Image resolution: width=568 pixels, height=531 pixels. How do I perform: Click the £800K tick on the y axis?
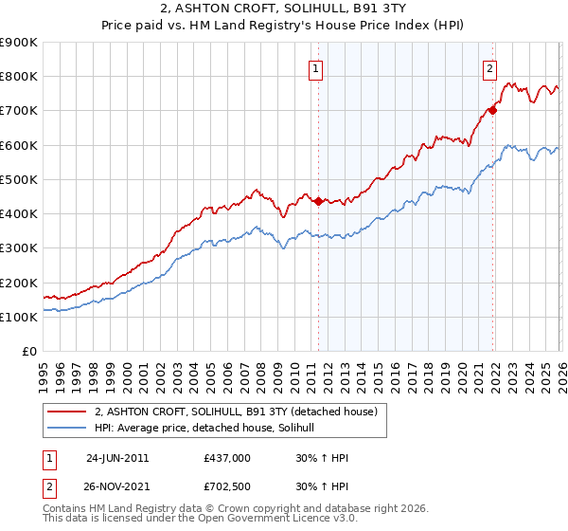tap(19, 76)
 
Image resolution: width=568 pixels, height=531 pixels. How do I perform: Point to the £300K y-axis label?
tap(19, 247)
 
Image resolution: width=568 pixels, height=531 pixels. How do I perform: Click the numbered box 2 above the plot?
tap(489, 67)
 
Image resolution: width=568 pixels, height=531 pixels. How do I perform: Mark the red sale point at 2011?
tap(318, 201)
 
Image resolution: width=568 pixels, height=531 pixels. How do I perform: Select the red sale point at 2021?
tap(493, 110)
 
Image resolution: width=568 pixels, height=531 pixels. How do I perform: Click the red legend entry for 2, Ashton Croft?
tap(236, 412)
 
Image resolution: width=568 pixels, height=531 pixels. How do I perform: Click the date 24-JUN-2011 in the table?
tap(117, 457)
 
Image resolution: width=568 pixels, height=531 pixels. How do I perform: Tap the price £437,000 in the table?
tap(227, 457)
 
